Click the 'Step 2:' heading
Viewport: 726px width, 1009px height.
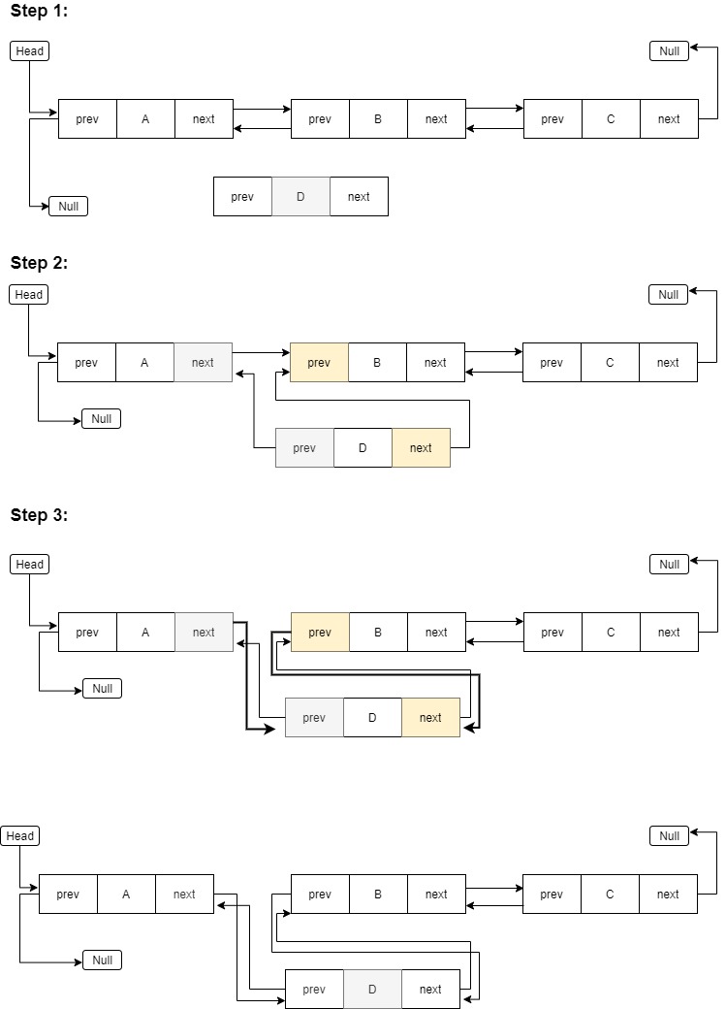tap(40, 262)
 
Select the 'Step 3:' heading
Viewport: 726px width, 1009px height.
tap(40, 514)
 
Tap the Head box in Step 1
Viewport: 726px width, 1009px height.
tap(29, 50)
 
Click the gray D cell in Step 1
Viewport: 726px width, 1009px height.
tap(300, 196)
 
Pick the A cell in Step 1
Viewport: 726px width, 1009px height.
tap(145, 118)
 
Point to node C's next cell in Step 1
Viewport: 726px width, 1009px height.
tap(669, 118)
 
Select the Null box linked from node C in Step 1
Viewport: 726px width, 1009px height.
tap(669, 50)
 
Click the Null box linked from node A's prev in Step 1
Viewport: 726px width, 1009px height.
tap(68, 206)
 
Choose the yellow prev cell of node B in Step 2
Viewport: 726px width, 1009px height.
tap(319, 362)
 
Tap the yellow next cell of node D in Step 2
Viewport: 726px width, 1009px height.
tap(421, 447)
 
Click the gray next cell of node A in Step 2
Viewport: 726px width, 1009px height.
tap(203, 362)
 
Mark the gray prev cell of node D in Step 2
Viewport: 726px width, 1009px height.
tap(304, 447)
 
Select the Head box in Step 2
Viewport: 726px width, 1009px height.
tap(28, 294)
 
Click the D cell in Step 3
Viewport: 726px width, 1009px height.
tap(372, 717)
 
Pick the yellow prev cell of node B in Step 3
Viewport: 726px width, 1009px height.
tap(320, 632)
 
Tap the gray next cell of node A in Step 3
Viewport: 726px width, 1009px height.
tap(204, 632)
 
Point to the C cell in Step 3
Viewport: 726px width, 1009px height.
tap(611, 632)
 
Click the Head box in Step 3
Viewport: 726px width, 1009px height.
tap(29, 564)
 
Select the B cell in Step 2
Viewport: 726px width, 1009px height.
tap(377, 362)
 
